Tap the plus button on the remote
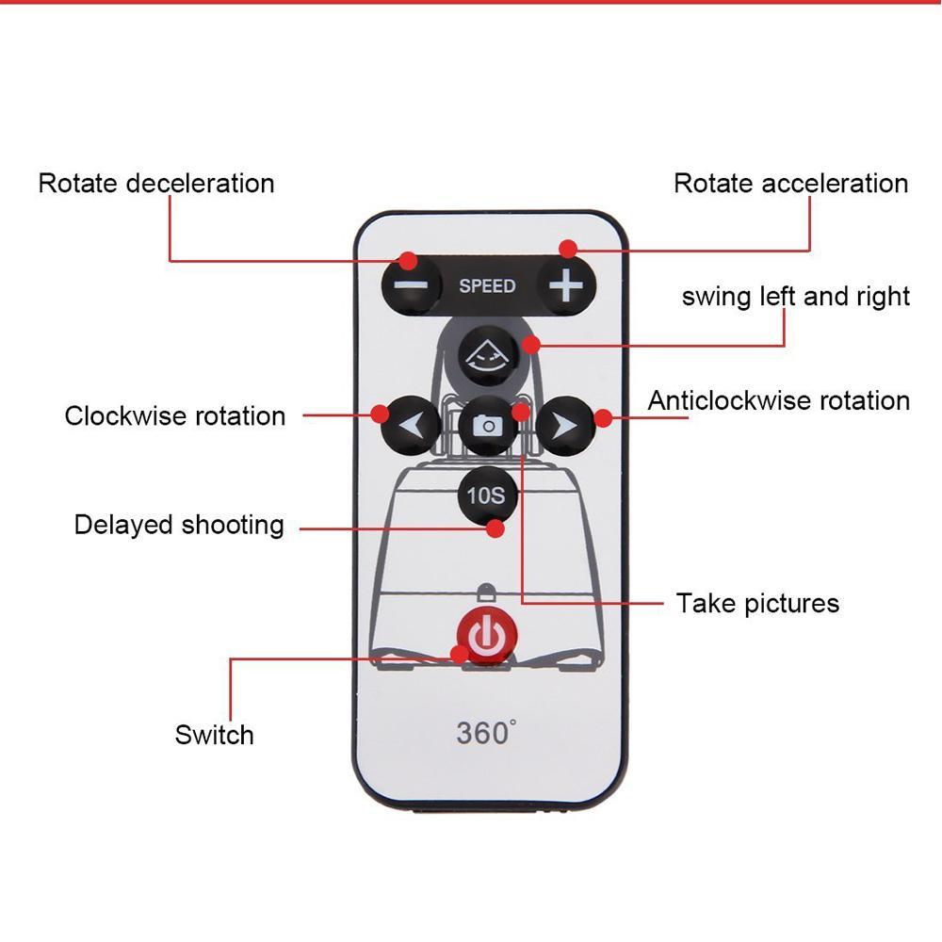[565, 285]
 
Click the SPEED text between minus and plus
[487, 285]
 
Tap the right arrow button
[565, 427]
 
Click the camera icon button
[488, 426]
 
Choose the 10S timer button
[486, 495]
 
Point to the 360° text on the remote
[486, 733]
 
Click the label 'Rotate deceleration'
[156, 183]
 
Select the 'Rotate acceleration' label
[790, 183]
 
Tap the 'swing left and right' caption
[796, 297]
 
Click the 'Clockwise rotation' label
[175, 415]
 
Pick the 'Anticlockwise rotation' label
[779, 400]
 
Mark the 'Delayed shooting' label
[179, 524]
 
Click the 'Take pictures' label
[757, 603]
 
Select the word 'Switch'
[214, 735]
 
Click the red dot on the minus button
[407, 260]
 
